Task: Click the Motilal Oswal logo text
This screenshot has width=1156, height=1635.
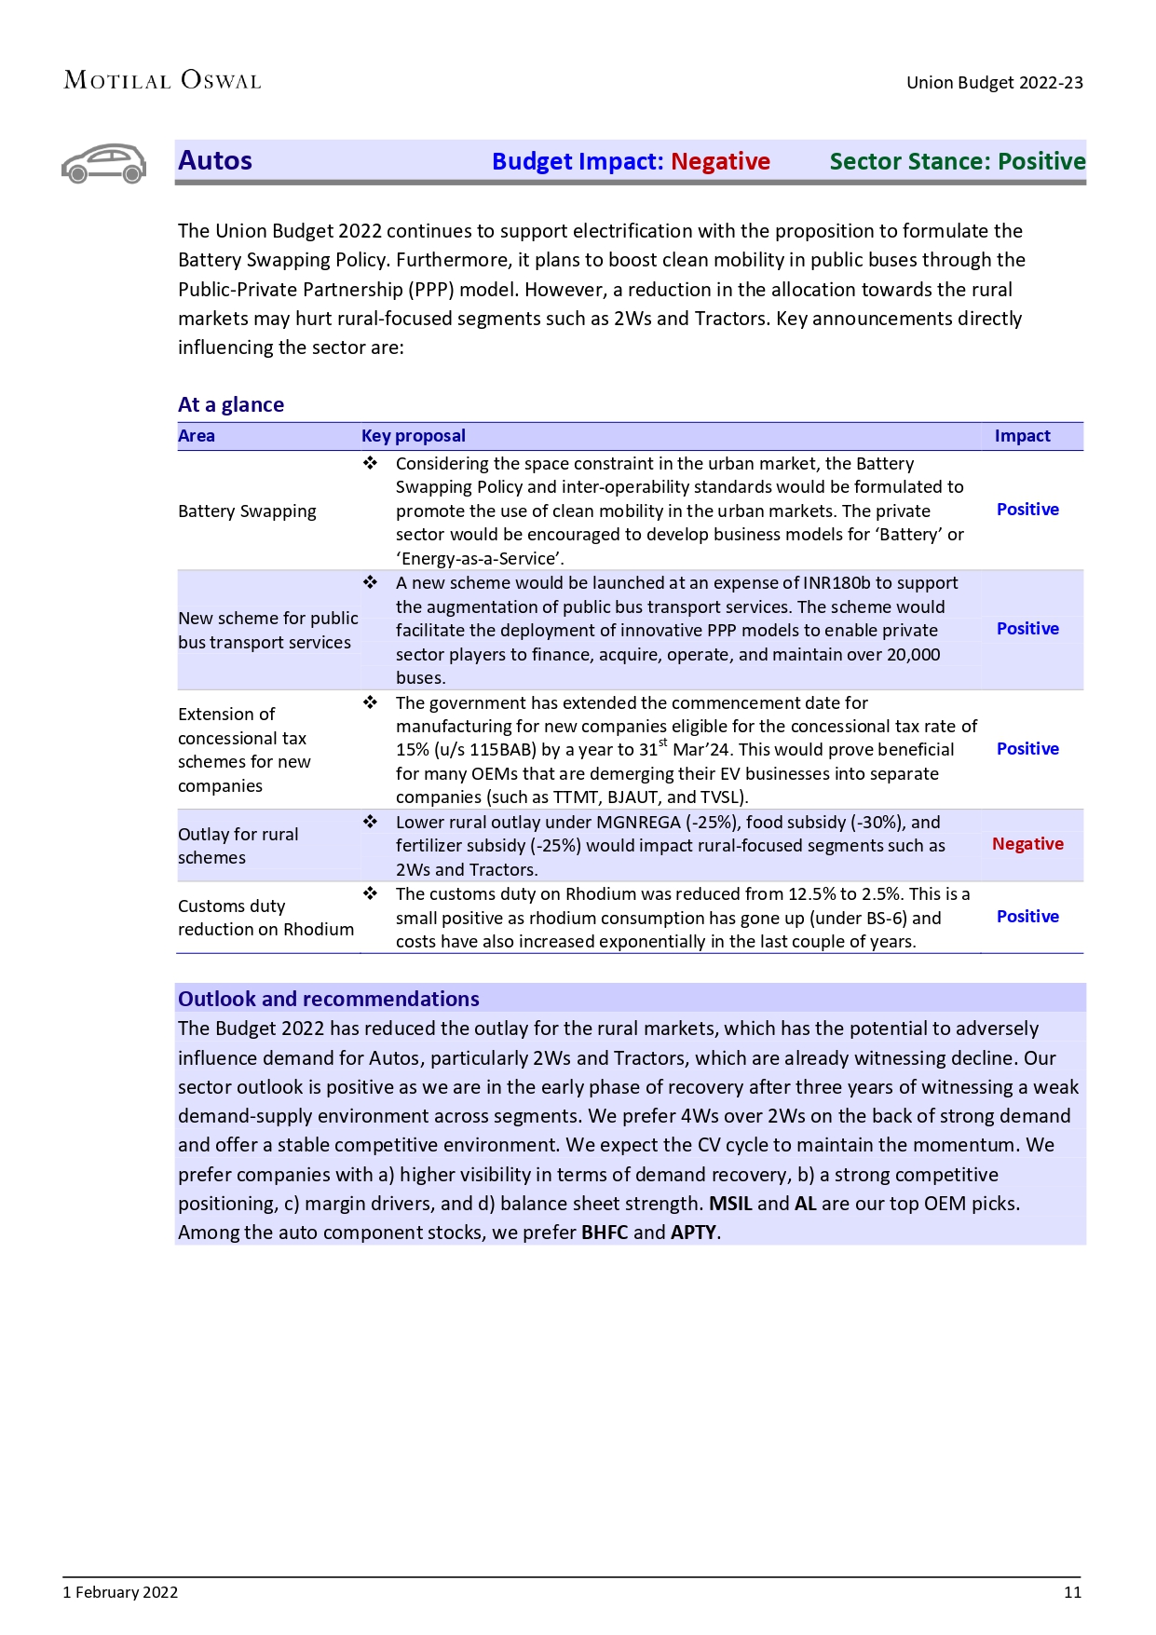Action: point(162,81)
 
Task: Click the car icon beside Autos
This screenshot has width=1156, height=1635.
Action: point(104,164)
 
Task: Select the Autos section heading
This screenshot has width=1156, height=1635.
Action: point(215,161)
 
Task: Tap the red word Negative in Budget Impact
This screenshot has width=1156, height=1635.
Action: point(720,162)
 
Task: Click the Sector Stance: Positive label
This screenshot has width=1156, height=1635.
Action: point(957,162)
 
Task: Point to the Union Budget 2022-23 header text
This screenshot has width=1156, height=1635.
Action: point(994,83)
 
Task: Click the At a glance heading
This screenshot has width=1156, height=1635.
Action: point(231,404)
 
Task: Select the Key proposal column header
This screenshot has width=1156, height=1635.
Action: point(413,436)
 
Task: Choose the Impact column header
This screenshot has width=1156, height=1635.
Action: point(1022,436)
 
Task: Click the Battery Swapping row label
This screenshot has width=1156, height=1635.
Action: point(247,511)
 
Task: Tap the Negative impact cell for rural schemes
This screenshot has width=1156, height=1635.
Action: point(1027,844)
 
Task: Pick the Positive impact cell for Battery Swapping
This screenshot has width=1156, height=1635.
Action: point(1027,510)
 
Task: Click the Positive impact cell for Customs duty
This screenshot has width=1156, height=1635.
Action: point(1027,917)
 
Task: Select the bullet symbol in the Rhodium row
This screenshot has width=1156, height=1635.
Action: point(370,893)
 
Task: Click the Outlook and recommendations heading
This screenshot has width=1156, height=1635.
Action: point(328,999)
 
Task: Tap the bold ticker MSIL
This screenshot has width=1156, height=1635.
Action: point(730,1204)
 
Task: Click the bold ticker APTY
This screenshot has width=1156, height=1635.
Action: point(693,1233)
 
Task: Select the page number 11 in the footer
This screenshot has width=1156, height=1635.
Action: point(1072,1592)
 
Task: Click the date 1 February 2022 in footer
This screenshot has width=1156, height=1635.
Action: point(120,1592)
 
